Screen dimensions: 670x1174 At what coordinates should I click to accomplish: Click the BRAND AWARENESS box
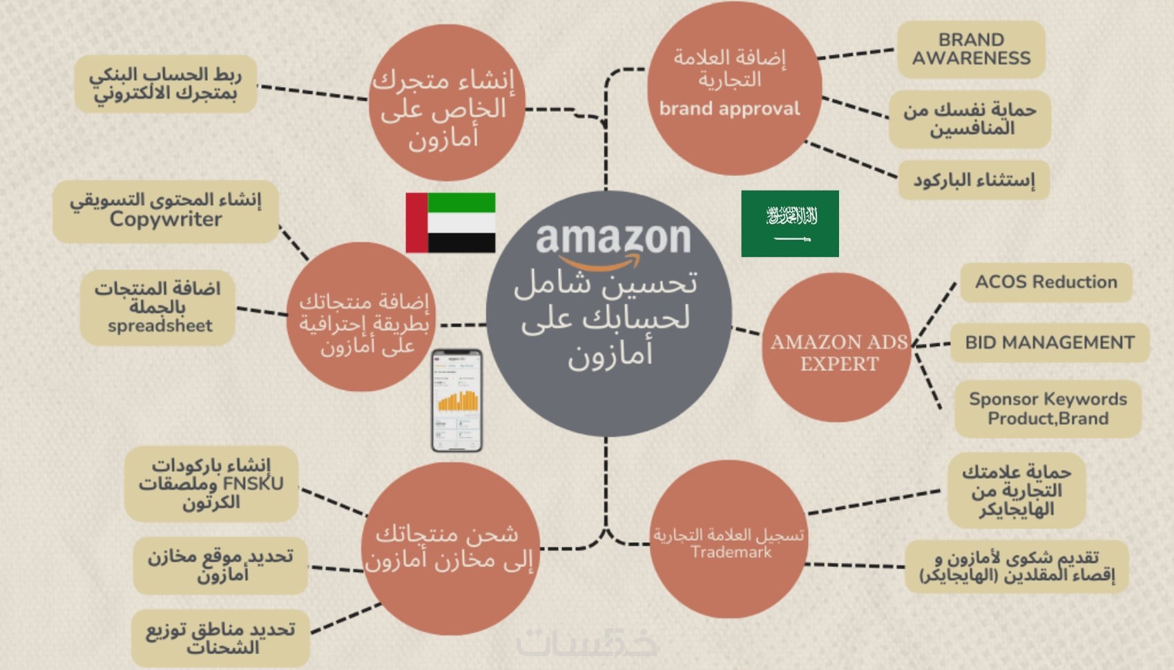[x=971, y=49]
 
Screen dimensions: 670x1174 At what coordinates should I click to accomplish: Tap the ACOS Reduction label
[x=1046, y=282]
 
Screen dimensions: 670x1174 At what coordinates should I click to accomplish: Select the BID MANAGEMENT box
[x=1049, y=343]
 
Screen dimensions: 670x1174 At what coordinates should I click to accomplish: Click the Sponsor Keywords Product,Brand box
[x=1048, y=409]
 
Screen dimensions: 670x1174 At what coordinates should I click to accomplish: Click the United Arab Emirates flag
[x=450, y=222]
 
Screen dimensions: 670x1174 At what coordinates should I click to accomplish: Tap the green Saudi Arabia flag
[x=790, y=223]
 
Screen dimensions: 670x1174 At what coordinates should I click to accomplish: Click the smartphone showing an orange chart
[x=456, y=401]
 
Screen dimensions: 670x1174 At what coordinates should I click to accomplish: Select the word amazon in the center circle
[x=613, y=238]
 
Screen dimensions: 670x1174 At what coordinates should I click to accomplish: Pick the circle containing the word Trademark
[x=729, y=540]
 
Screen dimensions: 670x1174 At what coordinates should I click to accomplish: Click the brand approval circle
[x=733, y=88]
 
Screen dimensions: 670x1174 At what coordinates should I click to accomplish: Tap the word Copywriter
[x=166, y=220]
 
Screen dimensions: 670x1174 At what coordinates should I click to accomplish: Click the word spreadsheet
[x=160, y=326]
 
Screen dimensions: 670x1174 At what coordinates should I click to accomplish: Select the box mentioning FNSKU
[x=211, y=484]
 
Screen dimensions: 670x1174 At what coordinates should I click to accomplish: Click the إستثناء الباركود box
[x=974, y=181]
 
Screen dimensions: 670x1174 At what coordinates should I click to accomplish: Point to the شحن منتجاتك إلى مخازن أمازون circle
[x=450, y=548]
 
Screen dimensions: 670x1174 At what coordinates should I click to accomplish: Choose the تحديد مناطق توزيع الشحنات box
[x=220, y=638]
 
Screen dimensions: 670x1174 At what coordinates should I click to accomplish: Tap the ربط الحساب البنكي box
[x=166, y=84]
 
